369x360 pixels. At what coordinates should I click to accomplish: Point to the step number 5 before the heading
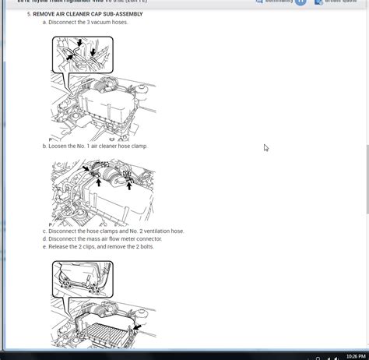(x=28, y=14)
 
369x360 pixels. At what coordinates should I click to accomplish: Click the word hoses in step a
(x=119, y=22)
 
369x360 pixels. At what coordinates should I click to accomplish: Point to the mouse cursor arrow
(x=265, y=147)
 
